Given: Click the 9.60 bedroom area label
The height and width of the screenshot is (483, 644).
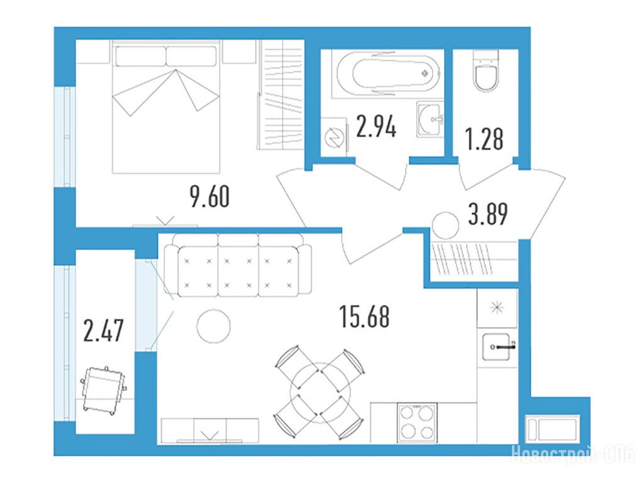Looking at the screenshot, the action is click(x=209, y=196).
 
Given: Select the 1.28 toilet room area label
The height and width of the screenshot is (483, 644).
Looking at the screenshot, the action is click(x=484, y=139).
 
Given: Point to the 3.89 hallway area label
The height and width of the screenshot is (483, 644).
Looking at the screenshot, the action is click(x=488, y=214).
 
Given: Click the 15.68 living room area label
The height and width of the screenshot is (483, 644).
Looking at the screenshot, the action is click(x=365, y=316).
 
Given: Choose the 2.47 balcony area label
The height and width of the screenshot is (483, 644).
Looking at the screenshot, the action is click(x=103, y=331).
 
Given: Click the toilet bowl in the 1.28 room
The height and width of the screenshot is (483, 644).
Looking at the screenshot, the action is click(x=486, y=70).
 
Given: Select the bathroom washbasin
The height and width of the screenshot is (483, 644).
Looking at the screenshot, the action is click(x=430, y=119).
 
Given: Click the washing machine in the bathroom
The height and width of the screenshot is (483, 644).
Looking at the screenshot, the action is click(x=334, y=137).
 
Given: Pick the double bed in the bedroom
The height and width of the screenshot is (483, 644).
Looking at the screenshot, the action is click(x=166, y=106).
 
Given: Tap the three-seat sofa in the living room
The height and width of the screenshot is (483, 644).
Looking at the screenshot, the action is click(x=238, y=265).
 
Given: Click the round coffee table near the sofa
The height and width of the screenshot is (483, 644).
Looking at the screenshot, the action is click(x=214, y=326).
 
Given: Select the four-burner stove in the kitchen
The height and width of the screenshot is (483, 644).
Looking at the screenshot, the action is click(x=417, y=423).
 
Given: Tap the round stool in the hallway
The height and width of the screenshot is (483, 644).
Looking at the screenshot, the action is click(x=445, y=226).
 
